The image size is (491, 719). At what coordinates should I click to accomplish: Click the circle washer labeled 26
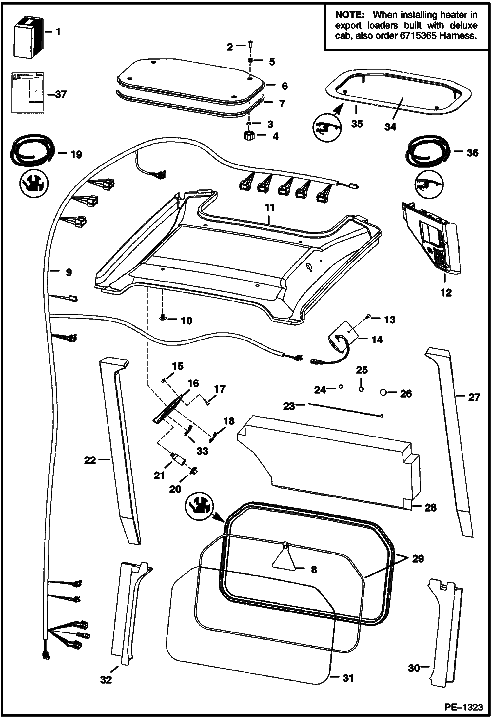(383, 392)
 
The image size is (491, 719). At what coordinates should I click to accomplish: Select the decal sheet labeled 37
(28, 93)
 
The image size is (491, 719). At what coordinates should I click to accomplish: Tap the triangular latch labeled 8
(284, 559)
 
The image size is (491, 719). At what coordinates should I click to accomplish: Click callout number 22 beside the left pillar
(90, 460)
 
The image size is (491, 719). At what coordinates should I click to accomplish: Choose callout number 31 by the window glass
(348, 678)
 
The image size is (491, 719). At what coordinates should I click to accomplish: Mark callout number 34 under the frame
(390, 127)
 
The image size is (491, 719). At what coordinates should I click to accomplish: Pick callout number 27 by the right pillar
(474, 397)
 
